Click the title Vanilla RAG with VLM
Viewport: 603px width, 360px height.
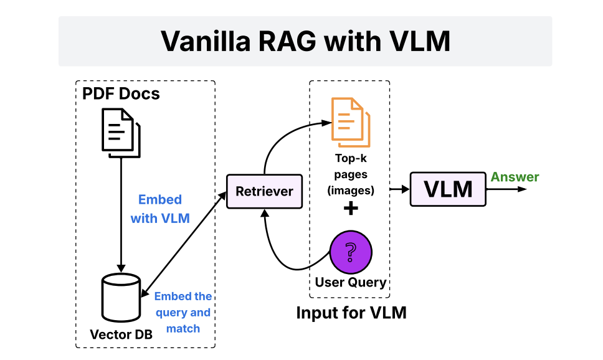[x=305, y=40]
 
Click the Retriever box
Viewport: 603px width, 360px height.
[x=264, y=191]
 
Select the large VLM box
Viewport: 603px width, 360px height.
[x=448, y=189]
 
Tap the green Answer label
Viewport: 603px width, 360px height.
[x=515, y=177]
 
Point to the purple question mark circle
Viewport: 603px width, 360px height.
[x=350, y=252]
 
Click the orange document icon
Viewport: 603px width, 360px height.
[x=350, y=122]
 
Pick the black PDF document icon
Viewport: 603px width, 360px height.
[x=121, y=133]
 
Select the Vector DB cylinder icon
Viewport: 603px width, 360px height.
[x=121, y=297]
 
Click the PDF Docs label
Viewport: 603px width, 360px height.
[x=121, y=93]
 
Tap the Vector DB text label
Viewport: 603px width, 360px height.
[x=121, y=334]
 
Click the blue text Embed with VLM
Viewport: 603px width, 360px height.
[x=160, y=209]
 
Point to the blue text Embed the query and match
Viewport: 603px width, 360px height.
[x=183, y=312]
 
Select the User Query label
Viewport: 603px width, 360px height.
[x=350, y=282]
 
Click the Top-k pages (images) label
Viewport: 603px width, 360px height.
[x=350, y=174]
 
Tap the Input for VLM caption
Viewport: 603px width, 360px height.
[x=351, y=313]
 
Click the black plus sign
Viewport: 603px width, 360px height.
[x=351, y=209]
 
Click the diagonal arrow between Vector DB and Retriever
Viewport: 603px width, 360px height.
[x=183, y=244]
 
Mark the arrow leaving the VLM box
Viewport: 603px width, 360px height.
[x=506, y=189]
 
